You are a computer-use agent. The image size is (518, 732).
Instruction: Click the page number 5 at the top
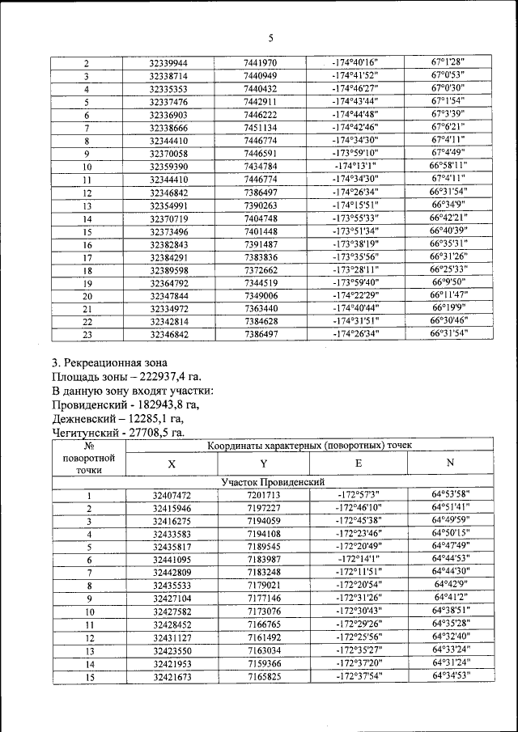point(271,37)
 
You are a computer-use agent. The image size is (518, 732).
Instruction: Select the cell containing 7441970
point(260,63)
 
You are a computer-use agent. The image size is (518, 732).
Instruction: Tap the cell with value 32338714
point(168,76)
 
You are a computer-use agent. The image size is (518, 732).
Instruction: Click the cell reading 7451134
point(260,128)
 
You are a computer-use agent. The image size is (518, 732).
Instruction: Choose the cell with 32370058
point(168,154)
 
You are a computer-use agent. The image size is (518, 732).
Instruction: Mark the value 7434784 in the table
point(260,167)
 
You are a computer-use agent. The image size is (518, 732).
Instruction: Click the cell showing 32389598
point(168,270)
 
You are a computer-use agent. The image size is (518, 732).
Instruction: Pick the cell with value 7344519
point(260,283)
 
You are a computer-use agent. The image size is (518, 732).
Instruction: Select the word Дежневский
point(85,419)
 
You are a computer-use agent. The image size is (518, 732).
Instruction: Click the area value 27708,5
point(155,434)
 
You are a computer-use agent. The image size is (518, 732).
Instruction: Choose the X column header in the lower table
point(172,464)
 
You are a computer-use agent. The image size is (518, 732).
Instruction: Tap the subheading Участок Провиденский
point(267,481)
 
